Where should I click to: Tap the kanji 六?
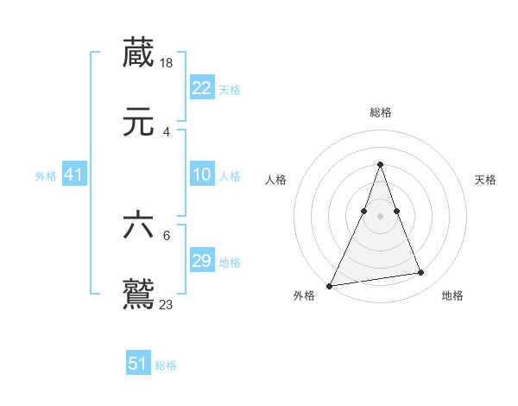tap(138, 225)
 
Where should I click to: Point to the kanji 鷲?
tap(138, 294)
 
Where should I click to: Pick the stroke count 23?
tap(167, 304)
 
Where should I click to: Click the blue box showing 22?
tap(202, 88)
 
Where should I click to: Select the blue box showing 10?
tap(202, 174)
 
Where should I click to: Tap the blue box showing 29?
tap(202, 261)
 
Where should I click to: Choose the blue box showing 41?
tap(74, 174)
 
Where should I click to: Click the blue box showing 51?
tap(138, 364)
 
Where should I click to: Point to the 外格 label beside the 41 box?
tap(46, 176)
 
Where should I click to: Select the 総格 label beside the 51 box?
tap(166, 365)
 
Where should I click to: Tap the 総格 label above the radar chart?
tap(380, 112)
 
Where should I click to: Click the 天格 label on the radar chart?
tap(485, 180)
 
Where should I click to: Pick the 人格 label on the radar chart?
tap(275, 180)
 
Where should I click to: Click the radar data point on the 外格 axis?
tap(330, 285)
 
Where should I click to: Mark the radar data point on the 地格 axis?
tap(421, 273)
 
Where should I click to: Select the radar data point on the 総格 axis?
tap(380, 164)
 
